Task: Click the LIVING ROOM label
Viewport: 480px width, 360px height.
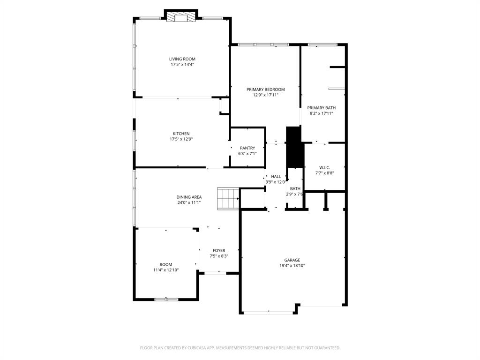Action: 182,59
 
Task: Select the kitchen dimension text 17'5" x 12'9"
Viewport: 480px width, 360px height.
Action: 182,139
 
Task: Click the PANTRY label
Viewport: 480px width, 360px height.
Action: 247,148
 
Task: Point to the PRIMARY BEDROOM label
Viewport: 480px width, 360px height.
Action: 265,89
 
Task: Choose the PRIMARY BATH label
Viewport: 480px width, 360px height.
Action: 321,108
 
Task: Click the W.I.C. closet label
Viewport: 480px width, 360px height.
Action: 324,167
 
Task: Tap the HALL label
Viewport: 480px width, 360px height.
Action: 276,176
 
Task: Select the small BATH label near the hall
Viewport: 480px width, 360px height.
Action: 295,188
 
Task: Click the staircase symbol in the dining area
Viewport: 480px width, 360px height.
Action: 228,198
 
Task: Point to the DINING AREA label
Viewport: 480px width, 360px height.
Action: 189,197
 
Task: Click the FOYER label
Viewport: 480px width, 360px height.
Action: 218,251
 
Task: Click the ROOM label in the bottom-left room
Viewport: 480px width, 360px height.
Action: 165,264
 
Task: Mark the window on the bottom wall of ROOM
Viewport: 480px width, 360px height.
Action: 166,299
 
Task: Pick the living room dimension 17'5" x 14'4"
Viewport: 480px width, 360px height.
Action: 182,65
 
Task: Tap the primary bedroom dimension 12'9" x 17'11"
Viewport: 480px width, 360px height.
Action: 265,95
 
